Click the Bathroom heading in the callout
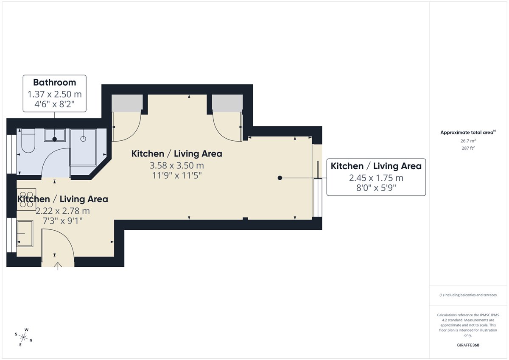[55, 82]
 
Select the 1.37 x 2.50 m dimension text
[55, 94]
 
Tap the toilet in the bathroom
[28, 141]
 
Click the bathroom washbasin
[55, 135]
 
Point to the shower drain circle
[83, 139]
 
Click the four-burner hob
[26, 200]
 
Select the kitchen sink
[25, 234]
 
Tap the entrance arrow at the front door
[58, 266]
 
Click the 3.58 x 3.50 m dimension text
[177, 165]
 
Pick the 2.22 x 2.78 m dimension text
[63, 211]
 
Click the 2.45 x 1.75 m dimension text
[376, 178]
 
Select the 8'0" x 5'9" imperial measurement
[376, 188]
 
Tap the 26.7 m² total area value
[468, 141]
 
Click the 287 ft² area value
[468, 148]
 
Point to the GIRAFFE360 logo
[468, 345]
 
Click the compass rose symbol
[23, 337]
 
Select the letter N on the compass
[31, 340]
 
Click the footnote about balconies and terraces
[468, 295]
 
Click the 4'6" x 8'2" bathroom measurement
[55, 104]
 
